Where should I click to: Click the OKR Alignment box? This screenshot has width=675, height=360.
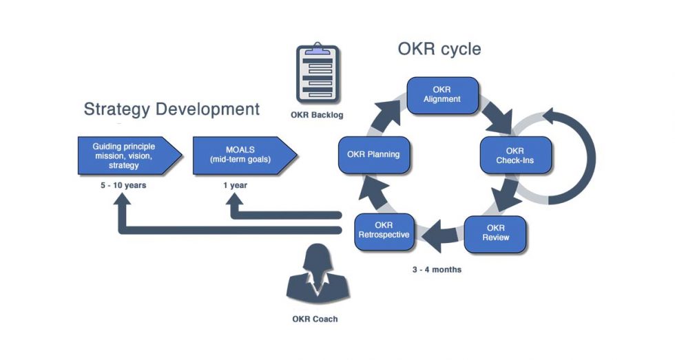442,95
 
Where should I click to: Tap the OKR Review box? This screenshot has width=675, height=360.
496,234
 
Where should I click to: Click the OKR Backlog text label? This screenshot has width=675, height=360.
317,114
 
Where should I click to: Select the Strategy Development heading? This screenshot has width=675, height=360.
172,109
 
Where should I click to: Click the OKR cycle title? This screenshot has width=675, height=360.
439,50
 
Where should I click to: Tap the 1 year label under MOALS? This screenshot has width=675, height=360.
236,186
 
